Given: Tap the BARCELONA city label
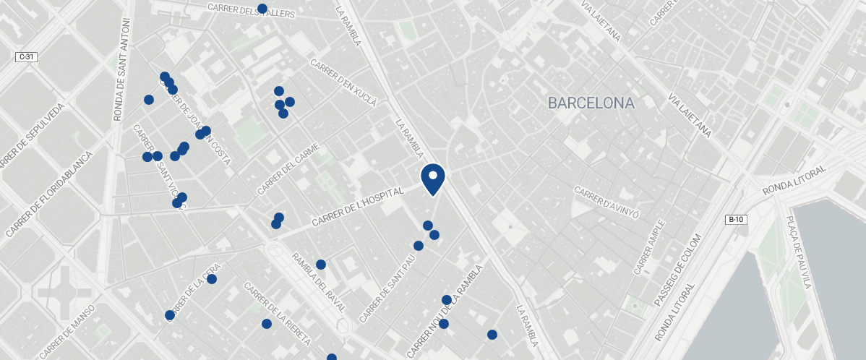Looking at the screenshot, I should [591, 103].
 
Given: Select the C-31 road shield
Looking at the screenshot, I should [26, 56].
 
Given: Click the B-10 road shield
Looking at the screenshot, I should [735, 220].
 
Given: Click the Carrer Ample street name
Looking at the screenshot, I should [648, 248].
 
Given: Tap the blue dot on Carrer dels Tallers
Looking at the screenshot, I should [262, 9].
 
